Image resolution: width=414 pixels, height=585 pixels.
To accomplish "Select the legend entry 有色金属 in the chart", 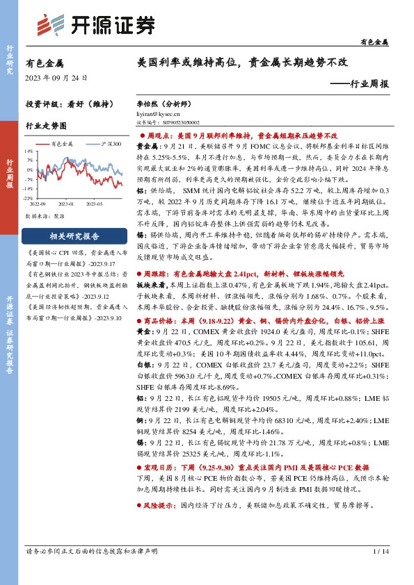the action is click(62, 144).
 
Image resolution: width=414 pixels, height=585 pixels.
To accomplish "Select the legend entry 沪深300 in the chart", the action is click(111, 144).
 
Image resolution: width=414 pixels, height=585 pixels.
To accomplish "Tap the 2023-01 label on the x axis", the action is click(67, 204).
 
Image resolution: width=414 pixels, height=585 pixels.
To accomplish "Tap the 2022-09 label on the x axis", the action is click(38, 204).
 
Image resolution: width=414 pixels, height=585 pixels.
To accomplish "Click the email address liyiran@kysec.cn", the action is click(157, 112).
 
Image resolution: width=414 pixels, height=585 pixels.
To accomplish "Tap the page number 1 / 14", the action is click(380, 551).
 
